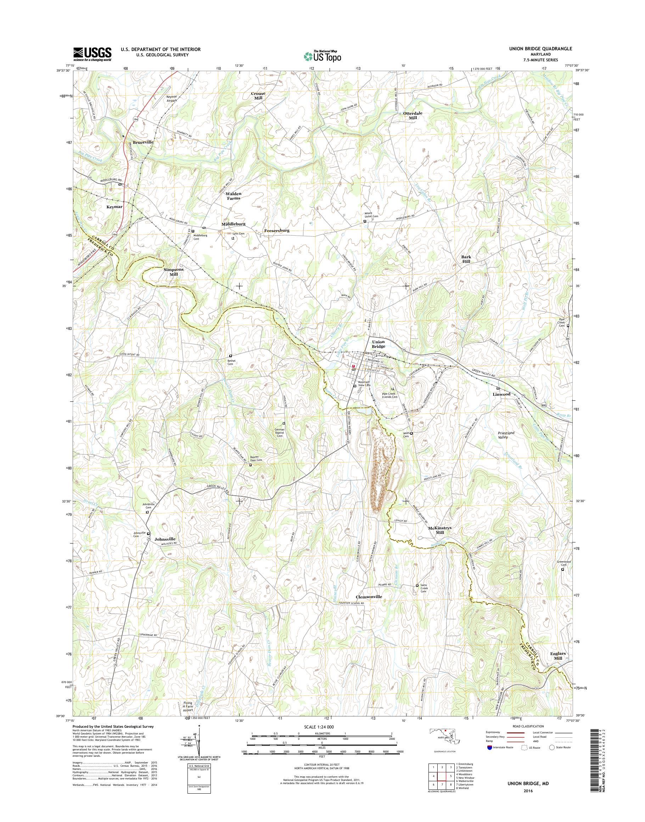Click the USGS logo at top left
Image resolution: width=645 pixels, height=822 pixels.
pos(92,54)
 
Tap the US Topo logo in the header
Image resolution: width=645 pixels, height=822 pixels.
pos(322,56)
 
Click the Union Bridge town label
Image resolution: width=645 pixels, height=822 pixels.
pos(378,344)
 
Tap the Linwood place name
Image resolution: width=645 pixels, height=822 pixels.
pos(502,394)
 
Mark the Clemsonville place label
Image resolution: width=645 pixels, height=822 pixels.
pos(369,607)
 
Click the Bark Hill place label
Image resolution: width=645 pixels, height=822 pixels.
pos(466,259)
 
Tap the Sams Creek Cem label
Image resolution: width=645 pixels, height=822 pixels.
pos(424,598)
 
